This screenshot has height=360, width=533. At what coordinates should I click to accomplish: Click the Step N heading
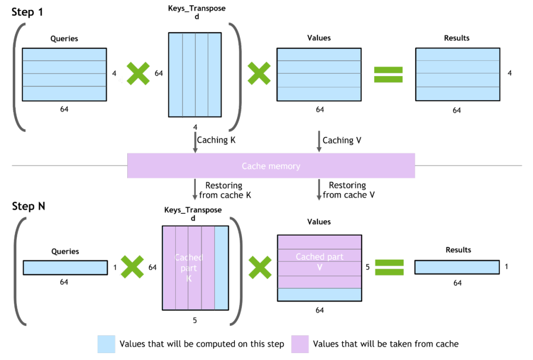[x=29, y=206]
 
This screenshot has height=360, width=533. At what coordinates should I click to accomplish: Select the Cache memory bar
[x=271, y=166]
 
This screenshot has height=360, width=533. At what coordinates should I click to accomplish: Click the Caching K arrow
[x=195, y=142]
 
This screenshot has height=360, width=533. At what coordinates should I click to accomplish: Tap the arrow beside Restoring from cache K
[x=195, y=189]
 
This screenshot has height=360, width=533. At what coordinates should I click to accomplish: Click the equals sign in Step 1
[x=388, y=74]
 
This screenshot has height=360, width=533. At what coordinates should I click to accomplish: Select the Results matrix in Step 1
[x=457, y=74]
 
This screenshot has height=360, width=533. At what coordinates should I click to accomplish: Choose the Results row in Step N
[x=457, y=267]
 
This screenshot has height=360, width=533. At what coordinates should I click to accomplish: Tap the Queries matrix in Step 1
[x=64, y=74]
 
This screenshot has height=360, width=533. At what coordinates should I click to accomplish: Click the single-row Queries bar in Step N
[x=65, y=267]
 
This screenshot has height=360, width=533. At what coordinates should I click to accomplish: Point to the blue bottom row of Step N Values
[x=319, y=294]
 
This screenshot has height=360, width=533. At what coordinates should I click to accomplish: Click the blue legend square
[x=106, y=344]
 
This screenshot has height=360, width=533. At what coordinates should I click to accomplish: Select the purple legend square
[x=300, y=344]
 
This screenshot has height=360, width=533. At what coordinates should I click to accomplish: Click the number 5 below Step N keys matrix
[x=195, y=320]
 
